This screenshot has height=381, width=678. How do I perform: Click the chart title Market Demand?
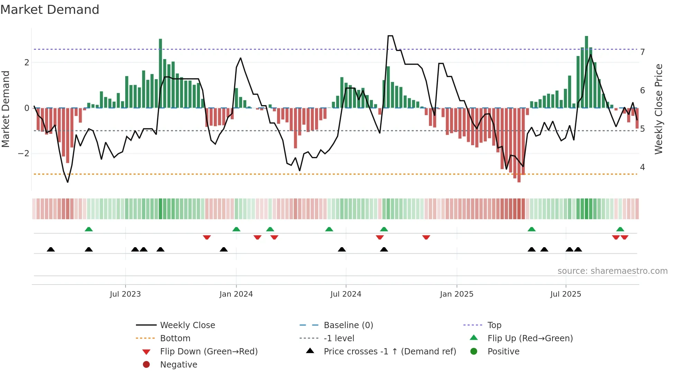tap(50, 10)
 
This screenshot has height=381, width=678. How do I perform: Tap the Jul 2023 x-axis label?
tap(125, 294)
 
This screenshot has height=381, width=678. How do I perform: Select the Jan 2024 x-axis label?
tap(236, 294)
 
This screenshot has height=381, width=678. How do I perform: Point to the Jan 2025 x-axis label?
tap(456, 294)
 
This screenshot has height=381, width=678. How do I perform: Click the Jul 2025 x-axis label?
tap(566, 294)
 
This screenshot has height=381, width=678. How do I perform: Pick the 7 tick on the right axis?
tap(642, 52)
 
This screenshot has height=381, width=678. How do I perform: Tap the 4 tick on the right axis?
tap(642, 167)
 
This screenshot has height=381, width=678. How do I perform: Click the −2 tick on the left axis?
tap(24, 154)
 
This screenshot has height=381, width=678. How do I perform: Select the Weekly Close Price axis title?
tap(659, 109)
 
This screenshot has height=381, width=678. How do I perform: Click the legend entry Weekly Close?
tap(187, 325)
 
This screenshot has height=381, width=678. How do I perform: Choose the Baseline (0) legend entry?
tap(348, 325)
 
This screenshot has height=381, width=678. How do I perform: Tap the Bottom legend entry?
tap(175, 338)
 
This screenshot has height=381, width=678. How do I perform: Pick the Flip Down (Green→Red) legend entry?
tap(209, 352)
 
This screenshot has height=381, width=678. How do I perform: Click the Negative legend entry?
tap(178, 365)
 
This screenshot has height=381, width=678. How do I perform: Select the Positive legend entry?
tap(503, 352)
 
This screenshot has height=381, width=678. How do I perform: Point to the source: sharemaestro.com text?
tap(612, 271)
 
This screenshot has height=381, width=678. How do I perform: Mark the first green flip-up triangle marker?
tap(89, 229)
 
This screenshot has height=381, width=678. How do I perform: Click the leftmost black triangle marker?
tap(51, 249)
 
